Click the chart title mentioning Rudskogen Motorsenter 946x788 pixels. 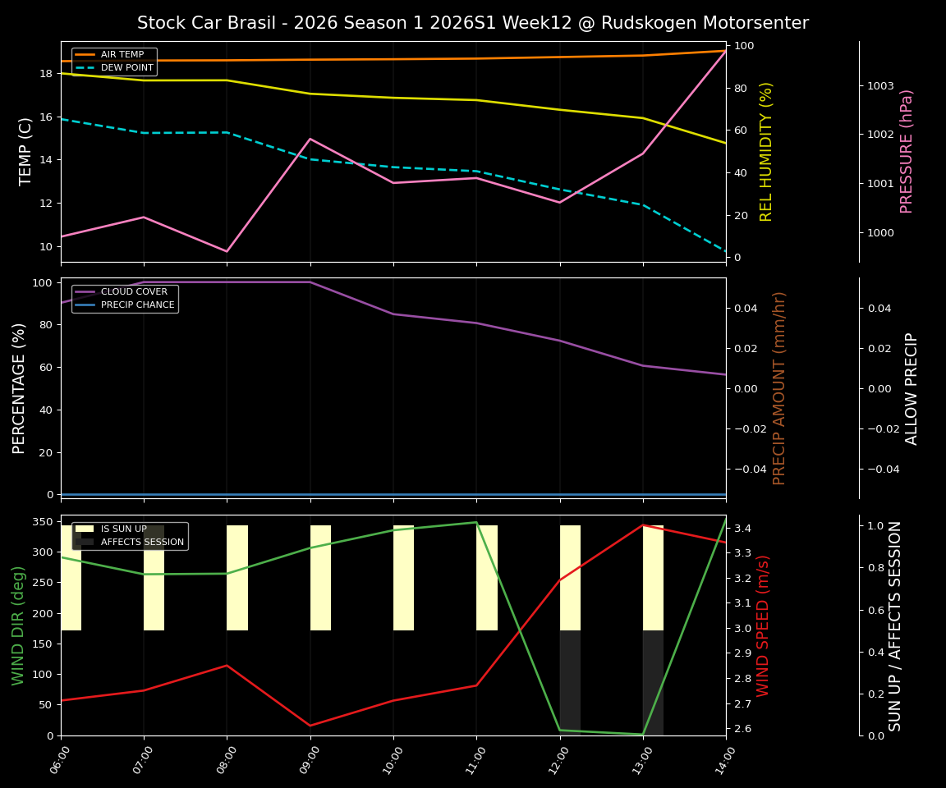(x=472, y=23)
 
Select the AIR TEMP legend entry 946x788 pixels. (x=122, y=55)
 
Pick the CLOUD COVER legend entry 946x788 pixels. (x=133, y=292)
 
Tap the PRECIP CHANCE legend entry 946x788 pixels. (x=137, y=305)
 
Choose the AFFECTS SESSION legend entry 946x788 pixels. (x=141, y=542)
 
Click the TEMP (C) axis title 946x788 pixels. (x=25, y=151)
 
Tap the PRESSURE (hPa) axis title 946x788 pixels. (x=907, y=151)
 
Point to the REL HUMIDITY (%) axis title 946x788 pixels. (x=766, y=151)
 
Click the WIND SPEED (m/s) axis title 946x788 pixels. (x=764, y=625)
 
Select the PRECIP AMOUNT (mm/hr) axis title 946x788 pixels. (x=779, y=387)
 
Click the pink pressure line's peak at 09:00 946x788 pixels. (x=310, y=139)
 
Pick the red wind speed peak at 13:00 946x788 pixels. (x=643, y=525)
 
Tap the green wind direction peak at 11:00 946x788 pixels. (x=476, y=522)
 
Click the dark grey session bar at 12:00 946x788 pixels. (x=570, y=681)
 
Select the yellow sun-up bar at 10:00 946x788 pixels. (x=403, y=578)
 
